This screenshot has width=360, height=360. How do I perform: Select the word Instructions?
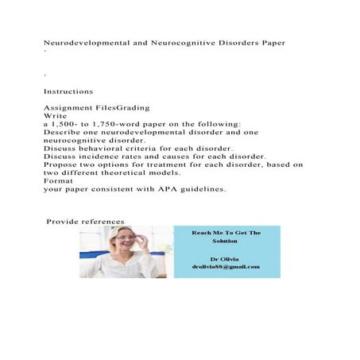68,91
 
